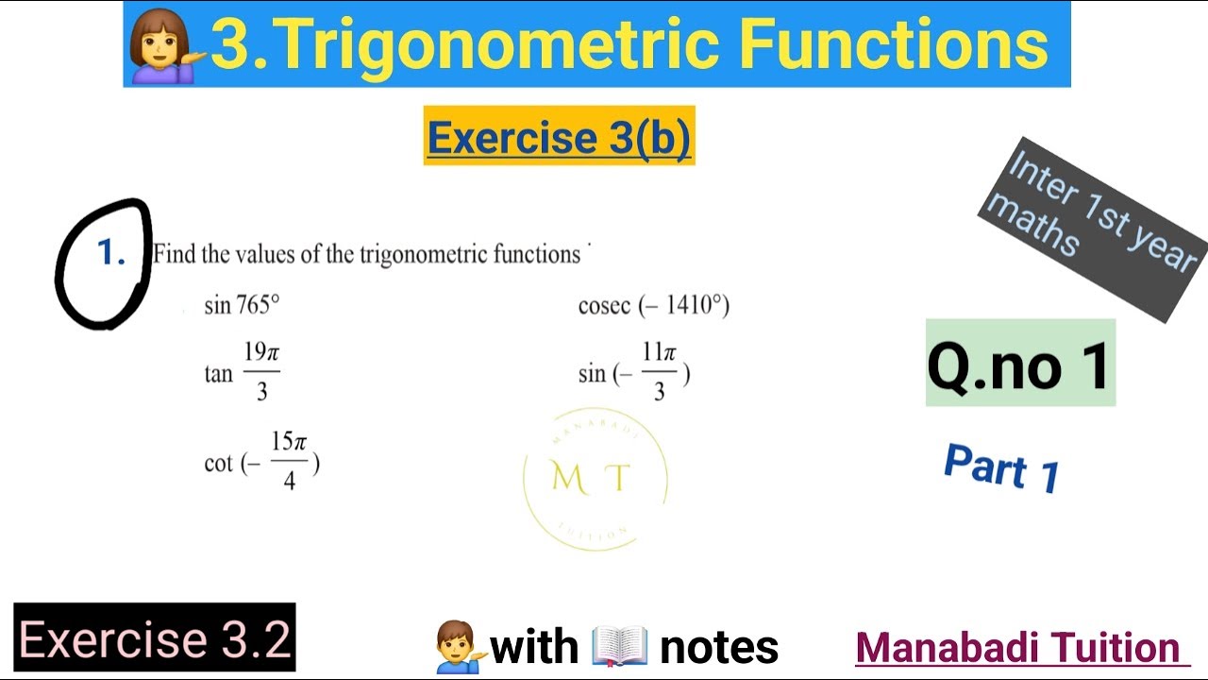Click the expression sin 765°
point(242,305)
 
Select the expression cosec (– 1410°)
point(653,305)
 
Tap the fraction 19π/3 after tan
point(261,372)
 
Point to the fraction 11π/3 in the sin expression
point(659,372)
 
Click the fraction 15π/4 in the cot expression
point(289,462)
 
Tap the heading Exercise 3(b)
point(559,138)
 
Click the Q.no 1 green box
point(1019,364)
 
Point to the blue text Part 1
point(1002,467)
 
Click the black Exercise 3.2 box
point(155,638)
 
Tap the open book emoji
point(619,646)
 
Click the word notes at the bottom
point(719,647)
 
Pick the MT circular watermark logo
point(595,479)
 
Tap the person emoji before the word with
point(460,646)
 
